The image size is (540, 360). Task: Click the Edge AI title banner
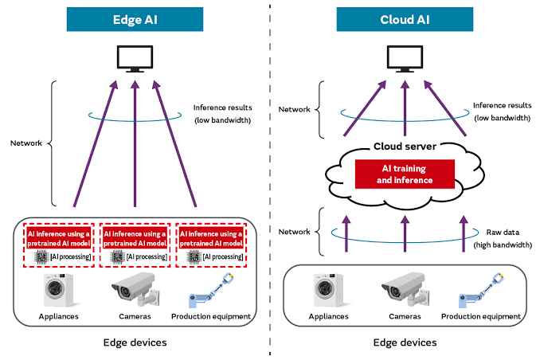coord(135,19)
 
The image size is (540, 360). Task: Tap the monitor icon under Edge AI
coord(134,58)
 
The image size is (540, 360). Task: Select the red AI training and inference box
coord(404,174)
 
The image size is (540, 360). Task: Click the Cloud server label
coord(404,147)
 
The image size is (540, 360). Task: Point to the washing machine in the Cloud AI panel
coord(329,290)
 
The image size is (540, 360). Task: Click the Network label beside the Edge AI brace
coord(27,143)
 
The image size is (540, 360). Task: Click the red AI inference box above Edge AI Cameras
coord(135,237)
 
